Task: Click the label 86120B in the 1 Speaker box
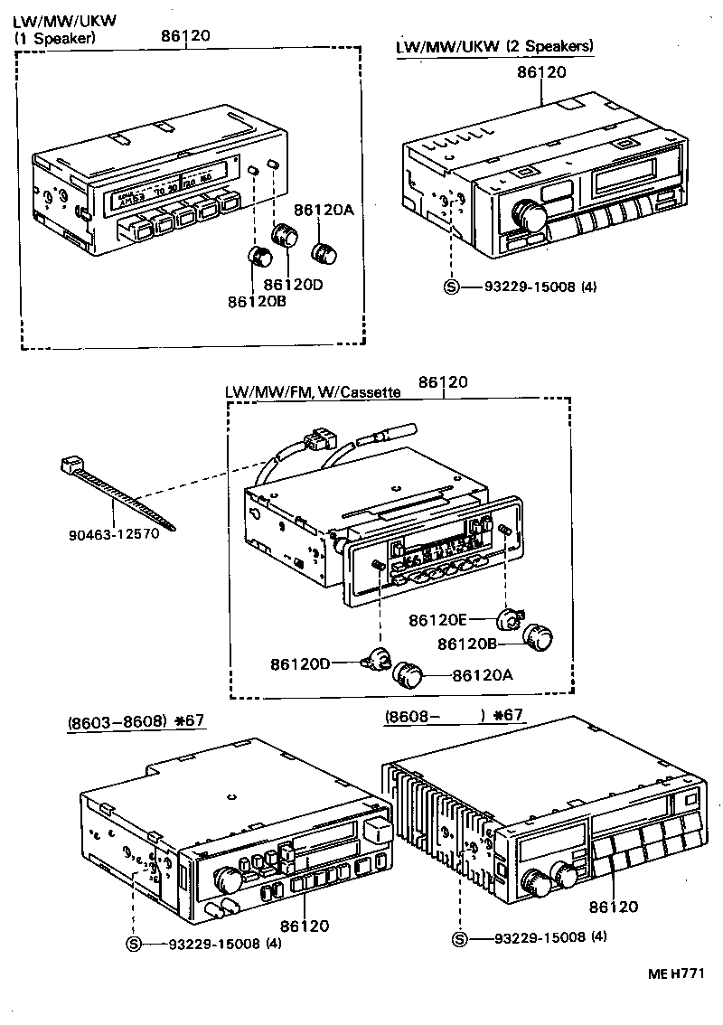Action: [x=257, y=301]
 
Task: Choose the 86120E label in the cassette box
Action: [x=438, y=620]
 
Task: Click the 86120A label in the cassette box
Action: [x=483, y=674]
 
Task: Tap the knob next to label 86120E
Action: [x=509, y=619]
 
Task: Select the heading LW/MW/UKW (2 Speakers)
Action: [x=495, y=46]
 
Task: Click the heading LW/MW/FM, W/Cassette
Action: [x=313, y=392]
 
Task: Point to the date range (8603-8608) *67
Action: [x=136, y=721]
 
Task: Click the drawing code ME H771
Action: [x=674, y=973]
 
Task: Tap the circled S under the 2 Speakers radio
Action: [x=450, y=287]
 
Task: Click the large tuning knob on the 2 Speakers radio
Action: [x=525, y=213]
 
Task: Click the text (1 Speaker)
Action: [x=53, y=38]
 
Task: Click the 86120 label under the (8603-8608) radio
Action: [x=304, y=925]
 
